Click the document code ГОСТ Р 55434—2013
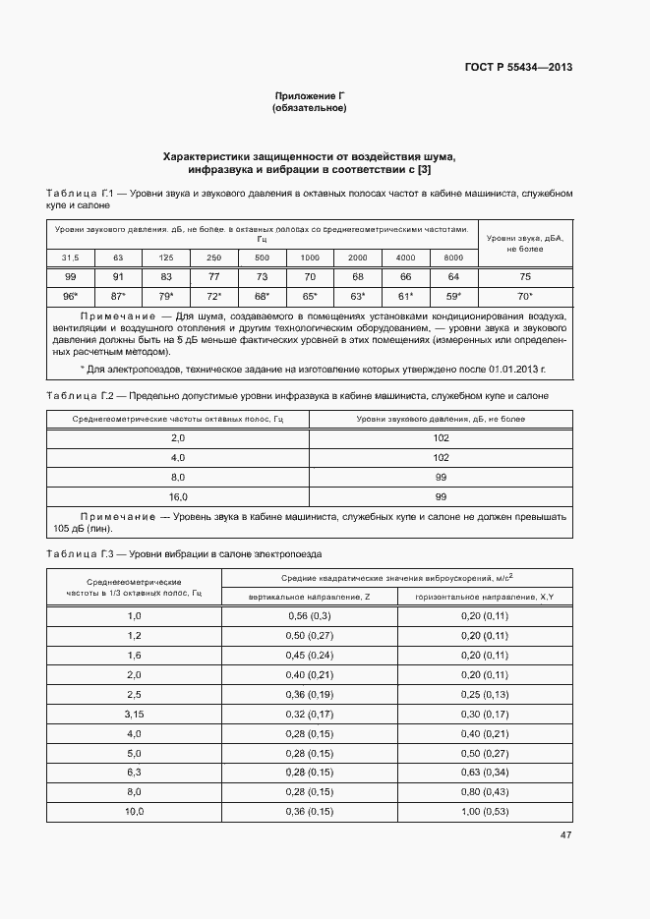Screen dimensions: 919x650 [x=518, y=68]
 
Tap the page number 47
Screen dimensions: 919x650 [x=565, y=835]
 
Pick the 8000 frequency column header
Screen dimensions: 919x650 [x=453, y=258]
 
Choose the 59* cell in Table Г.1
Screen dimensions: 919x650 [x=453, y=295]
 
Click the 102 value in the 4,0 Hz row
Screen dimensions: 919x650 [x=441, y=458]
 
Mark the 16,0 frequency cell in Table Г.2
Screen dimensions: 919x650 [x=178, y=496]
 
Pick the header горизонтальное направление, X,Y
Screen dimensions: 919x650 [x=484, y=596]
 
